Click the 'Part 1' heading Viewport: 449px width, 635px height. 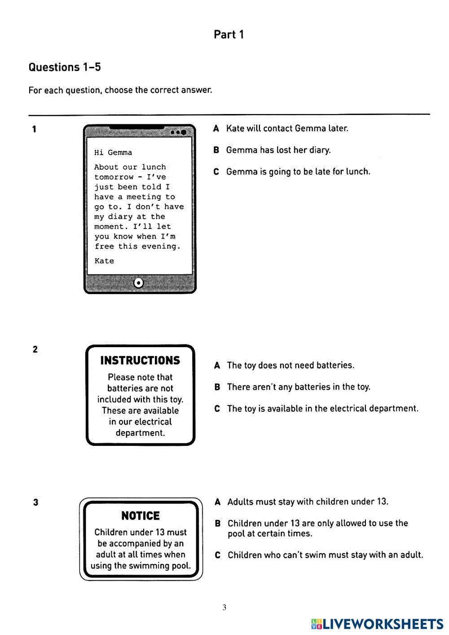coord(229,35)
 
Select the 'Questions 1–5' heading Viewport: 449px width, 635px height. coord(65,67)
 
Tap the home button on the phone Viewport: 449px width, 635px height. coord(139,283)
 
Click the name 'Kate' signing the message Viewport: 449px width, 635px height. coord(104,261)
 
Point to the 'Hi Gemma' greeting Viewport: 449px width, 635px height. coord(113,153)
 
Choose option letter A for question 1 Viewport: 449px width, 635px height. coord(216,129)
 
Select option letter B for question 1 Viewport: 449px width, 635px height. coord(216,150)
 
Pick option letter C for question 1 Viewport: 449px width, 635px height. coord(216,172)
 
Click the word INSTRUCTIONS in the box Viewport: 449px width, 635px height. coord(140,361)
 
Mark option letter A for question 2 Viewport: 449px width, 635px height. coord(217,366)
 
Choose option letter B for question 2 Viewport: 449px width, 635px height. coord(217,387)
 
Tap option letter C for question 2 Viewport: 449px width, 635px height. coord(217,409)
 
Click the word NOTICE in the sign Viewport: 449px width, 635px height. coord(141,516)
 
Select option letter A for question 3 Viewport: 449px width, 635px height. coord(218,502)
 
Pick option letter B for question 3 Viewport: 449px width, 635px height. coord(218,524)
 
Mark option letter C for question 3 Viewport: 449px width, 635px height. coord(218,556)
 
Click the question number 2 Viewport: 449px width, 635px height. coord(35,349)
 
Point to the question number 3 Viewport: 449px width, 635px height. coord(35,503)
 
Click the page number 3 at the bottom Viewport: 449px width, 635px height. coord(224,608)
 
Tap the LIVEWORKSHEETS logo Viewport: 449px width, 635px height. coord(377,624)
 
